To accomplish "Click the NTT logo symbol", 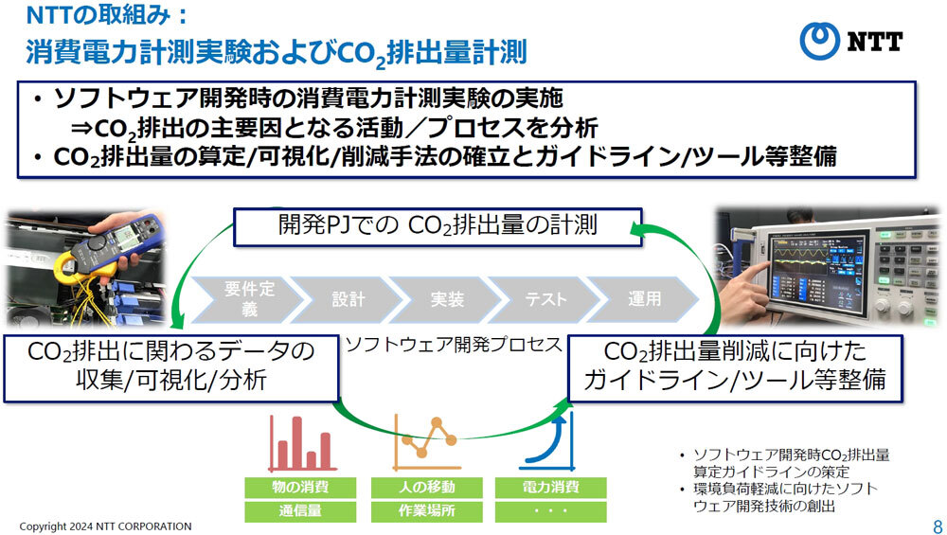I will pos(820,41).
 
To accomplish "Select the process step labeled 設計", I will pos(348,299).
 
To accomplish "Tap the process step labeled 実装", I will pos(447,299).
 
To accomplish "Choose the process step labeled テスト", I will pos(546,299).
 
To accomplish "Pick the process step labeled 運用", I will pos(646,299).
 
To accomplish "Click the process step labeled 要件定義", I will pos(247,299).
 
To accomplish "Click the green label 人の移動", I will pos(426,488).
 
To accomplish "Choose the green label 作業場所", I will pos(426,511).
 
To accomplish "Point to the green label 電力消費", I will pos(551,488).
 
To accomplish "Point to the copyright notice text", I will pos(105,526).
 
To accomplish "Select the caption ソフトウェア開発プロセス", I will pos(453,344).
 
